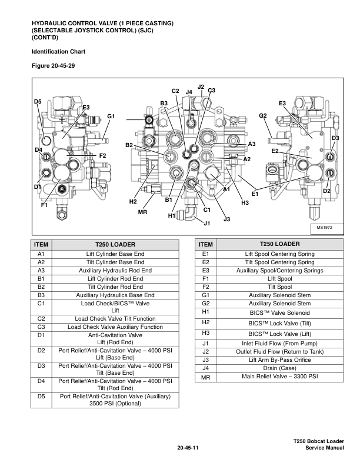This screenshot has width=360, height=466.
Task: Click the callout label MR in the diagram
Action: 142,212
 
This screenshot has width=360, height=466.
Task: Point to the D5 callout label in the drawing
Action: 38,101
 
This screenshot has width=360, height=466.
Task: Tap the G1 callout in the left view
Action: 110,116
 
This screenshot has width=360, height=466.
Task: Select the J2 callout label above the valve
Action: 201,87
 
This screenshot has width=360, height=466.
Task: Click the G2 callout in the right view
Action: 263,115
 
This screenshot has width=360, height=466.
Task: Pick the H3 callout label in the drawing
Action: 246,202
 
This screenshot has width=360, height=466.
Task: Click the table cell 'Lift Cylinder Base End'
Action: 115,254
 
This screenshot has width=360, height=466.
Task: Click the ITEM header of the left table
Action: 41,245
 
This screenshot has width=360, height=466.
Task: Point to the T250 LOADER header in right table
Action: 279,244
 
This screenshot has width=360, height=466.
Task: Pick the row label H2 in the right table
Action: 205,322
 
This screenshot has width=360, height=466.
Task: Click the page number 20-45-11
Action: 188,448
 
